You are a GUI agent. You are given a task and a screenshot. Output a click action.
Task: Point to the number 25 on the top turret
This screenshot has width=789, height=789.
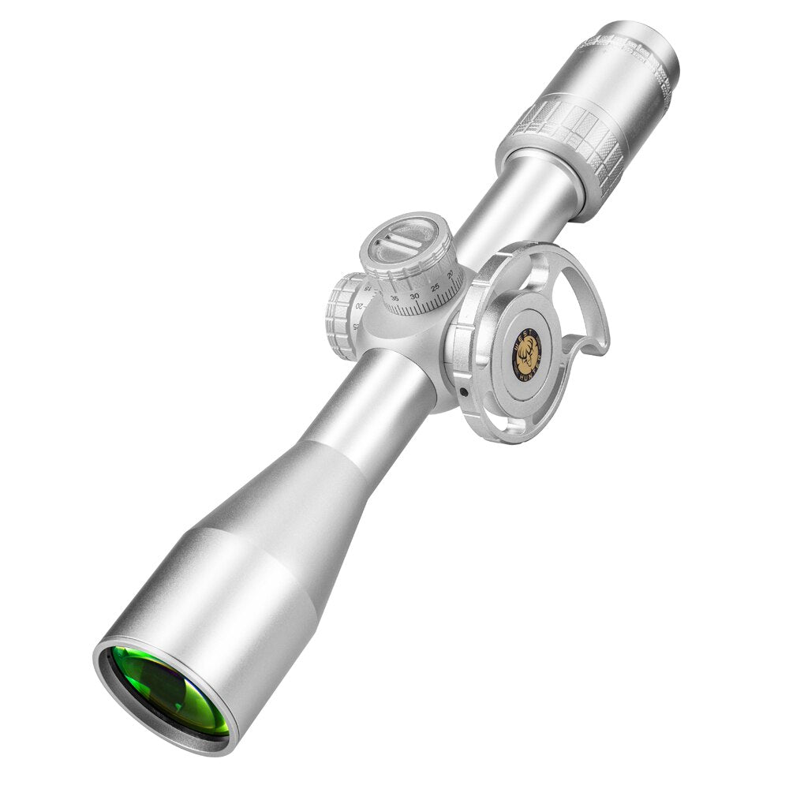click(x=435, y=287)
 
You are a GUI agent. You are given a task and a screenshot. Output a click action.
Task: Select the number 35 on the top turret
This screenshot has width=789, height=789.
click(x=394, y=297)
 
